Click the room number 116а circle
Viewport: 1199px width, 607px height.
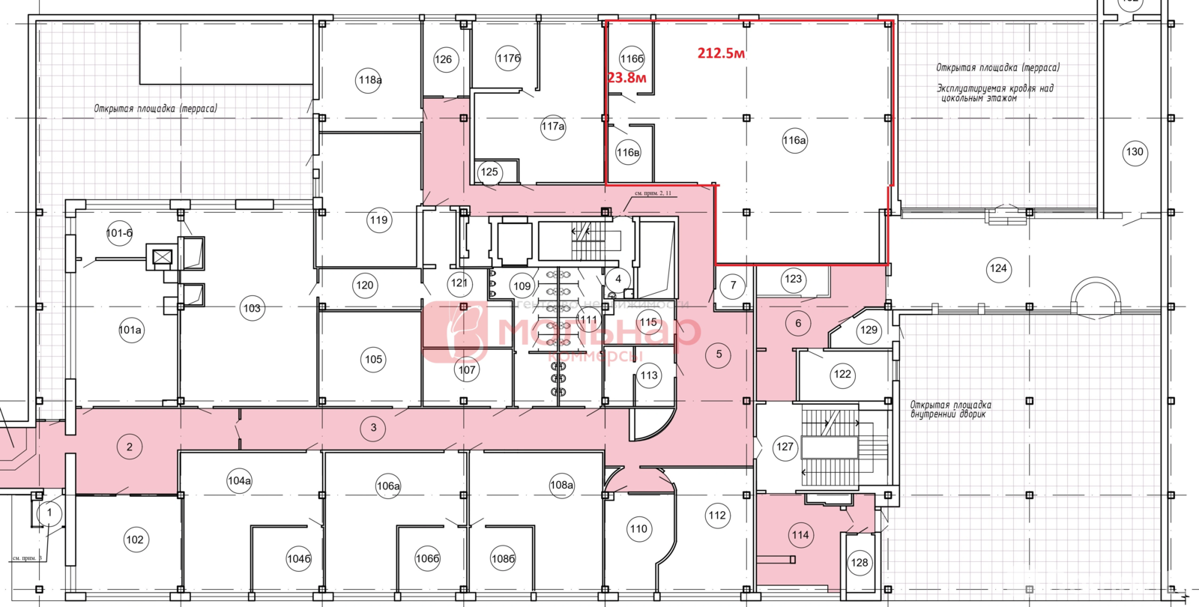[x=794, y=140]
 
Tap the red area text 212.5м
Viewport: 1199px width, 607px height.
[x=721, y=53]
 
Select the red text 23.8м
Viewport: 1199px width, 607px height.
[x=626, y=77]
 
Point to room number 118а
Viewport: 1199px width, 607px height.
[x=369, y=80]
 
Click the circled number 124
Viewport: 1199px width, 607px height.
[x=998, y=268]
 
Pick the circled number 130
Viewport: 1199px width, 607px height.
[x=1135, y=152]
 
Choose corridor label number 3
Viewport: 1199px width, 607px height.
[x=373, y=428]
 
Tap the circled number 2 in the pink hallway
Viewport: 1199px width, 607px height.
[x=129, y=447]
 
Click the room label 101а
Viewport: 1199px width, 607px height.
[x=130, y=330]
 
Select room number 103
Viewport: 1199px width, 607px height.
[x=252, y=308]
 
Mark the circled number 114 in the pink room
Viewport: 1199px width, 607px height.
[x=800, y=535]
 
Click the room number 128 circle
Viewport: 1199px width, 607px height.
[x=860, y=563]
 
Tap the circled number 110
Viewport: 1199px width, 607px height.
[x=638, y=529]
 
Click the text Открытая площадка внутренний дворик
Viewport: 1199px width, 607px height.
[x=950, y=409]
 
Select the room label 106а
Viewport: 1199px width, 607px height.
[x=388, y=486]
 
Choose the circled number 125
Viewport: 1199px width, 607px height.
[x=489, y=172]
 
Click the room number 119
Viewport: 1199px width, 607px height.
[x=378, y=220]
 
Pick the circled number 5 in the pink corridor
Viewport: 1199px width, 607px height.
[x=719, y=354]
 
